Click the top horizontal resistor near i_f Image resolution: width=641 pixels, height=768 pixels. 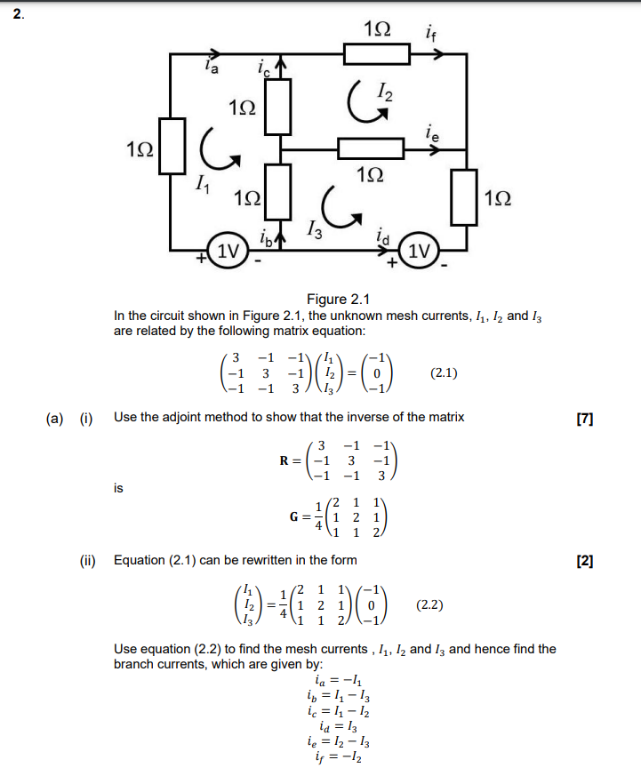[x=377, y=54]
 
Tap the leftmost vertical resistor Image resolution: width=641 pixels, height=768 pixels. [x=172, y=147]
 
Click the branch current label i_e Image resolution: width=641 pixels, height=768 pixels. [x=431, y=134]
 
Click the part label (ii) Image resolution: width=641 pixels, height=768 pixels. [x=87, y=560]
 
